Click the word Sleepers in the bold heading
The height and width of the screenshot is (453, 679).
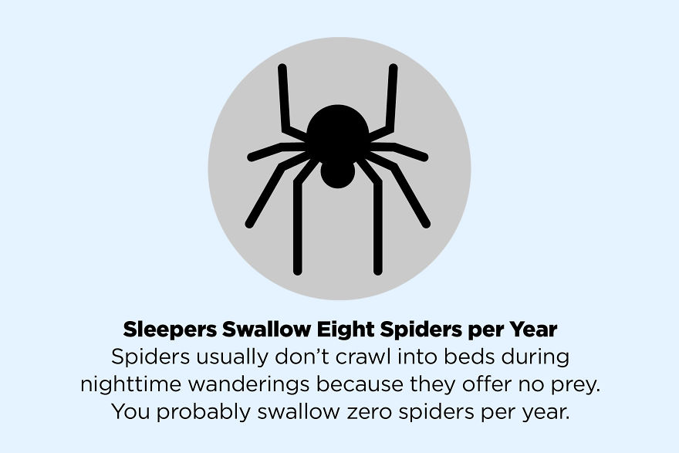pyautogui.click(x=170, y=330)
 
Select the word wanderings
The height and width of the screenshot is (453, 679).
pyautogui.click(x=248, y=384)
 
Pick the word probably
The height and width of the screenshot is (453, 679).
pyautogui.click(x=204, y=412)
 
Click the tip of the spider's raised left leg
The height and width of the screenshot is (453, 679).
pyautogui.click(x=282, y=68)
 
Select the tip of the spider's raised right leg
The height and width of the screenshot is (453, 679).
pyautogui.click(x=394, y=68)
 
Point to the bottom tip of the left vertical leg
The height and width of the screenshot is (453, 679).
pyautogui.click(x=298, y=272)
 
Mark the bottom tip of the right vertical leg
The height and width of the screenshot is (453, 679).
pyautogui.click(x=378, y=272)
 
